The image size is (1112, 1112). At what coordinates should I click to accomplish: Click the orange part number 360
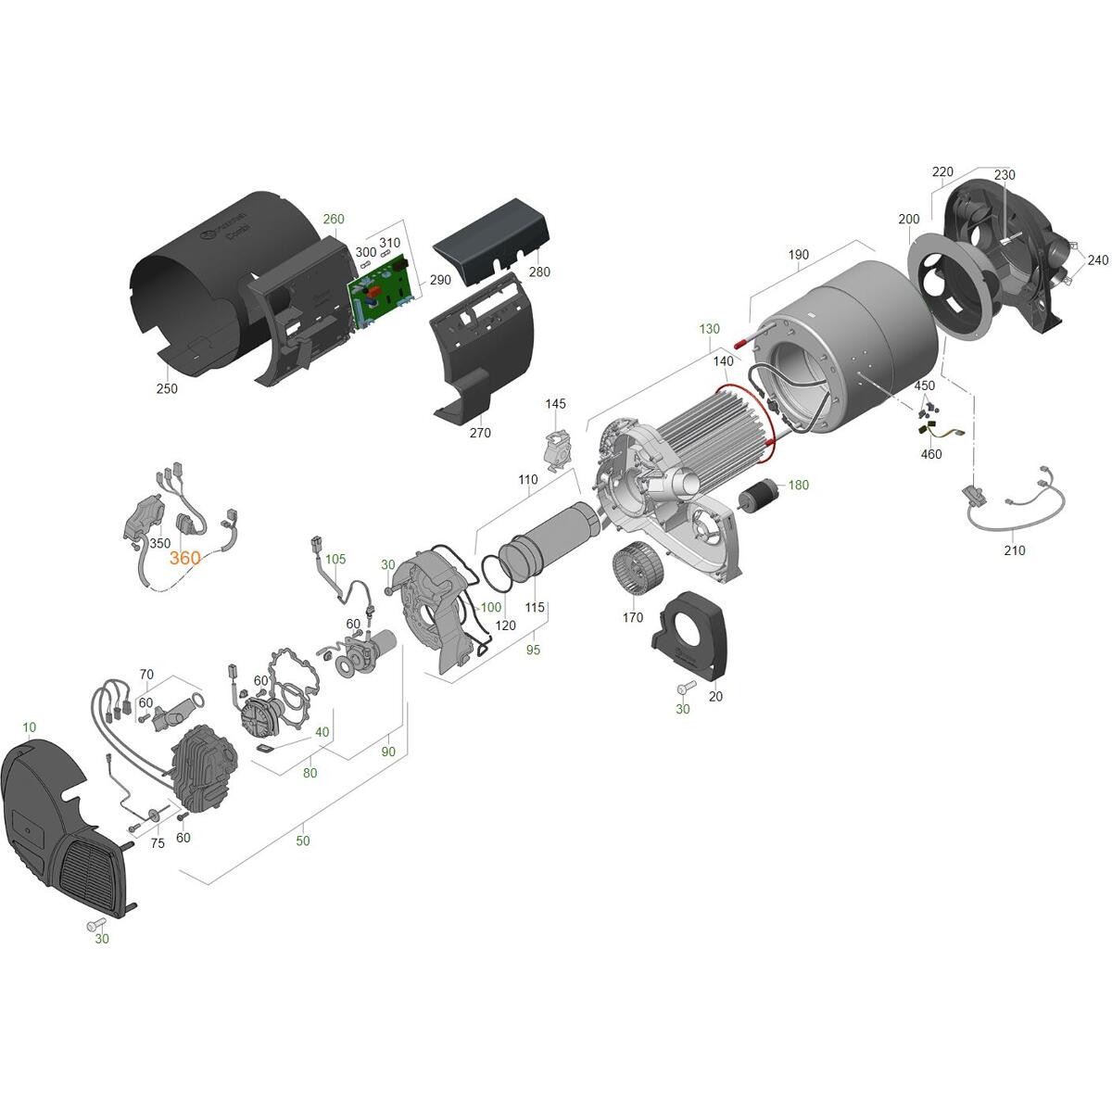(x=184, y=558)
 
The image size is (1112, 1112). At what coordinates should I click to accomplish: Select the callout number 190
(x=798, y=255)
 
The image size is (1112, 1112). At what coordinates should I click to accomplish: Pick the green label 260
(x=334, y=219)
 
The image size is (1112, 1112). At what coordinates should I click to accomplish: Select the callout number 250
(x=167, y=388)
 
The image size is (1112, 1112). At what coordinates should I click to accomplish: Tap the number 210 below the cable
(x=1015, y=550)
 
